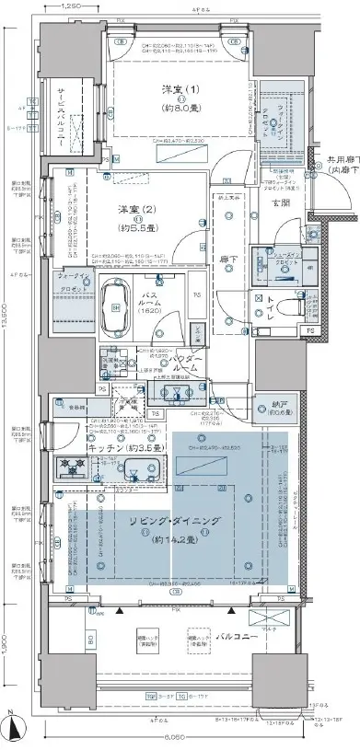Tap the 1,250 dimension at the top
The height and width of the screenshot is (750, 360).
click(x=75, y=6)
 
